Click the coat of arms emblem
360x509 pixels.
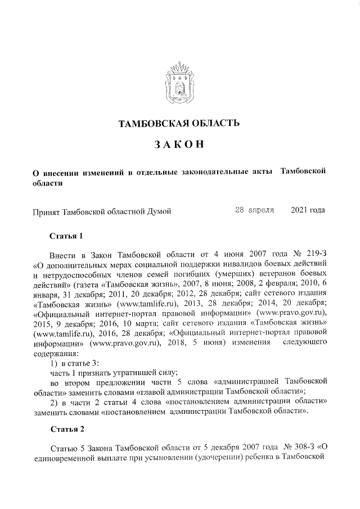point(181,84)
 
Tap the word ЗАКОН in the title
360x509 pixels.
point(179,146)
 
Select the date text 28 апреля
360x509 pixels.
point(254,210)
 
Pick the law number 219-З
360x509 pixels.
point(313,253)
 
